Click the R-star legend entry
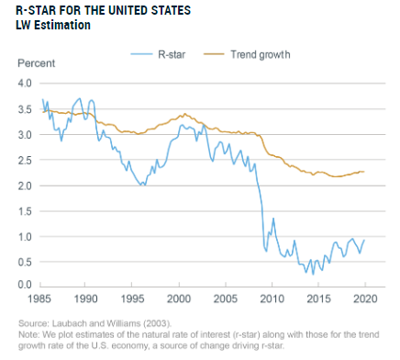click(158, 54)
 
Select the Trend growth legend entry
click(247, 54)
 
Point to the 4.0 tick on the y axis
click(25, 83)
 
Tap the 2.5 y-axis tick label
click(25, 160)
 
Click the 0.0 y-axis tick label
click(25, 285)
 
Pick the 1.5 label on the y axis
click(25, 211)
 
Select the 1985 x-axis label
click(39, 298)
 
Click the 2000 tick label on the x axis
click(179, 298)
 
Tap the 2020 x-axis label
click(365, 298)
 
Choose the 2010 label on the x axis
click(272, 298)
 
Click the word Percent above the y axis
click(37, 63)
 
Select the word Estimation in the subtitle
click(62, 25)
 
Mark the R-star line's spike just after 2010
click(273, 219)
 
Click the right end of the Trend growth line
click(364, 172)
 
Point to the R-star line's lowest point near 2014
click(313, 275)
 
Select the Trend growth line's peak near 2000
click(185, 114)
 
